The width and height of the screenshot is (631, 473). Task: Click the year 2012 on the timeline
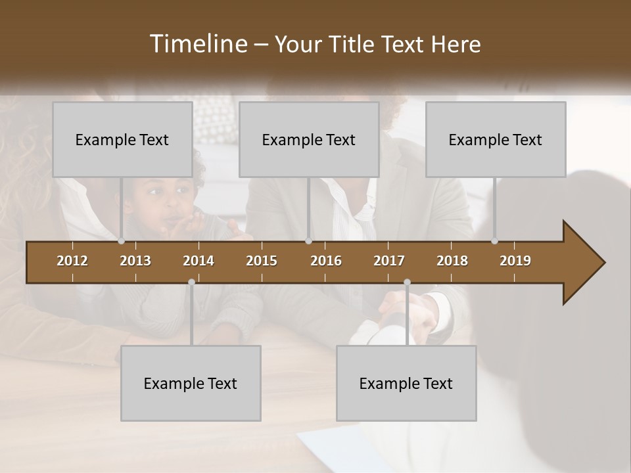click(x=72, y=261)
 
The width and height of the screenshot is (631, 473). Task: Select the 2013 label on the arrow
click(x=135, y=261)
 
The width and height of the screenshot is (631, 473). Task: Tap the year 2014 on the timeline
click(x=199, y=261)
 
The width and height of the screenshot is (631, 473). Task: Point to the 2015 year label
click(x=262, y=261)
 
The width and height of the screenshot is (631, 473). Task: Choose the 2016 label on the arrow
click(x=326, y=261)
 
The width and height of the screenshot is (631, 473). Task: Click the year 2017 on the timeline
click(x=389, y=261)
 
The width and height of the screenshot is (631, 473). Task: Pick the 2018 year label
click(x=452, y=261)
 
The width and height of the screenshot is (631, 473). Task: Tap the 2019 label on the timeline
click(x=515, y=261)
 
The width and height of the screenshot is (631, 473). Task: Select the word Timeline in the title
click(x=197, y=44)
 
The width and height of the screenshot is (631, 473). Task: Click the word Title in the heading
click(x=352, y=44)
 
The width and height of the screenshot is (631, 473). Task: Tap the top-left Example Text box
click(x=122, y=139)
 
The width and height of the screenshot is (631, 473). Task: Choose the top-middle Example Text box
click(x=309, y=139)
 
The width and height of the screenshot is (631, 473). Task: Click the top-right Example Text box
click(x=496, y=139)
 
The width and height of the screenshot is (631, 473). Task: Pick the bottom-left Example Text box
click(x=191, y=383)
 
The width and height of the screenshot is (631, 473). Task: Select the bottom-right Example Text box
click(x=406, y=383)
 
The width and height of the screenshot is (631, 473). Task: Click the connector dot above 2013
click(x=122, y=241)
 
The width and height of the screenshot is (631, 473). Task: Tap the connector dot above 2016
click(x=308, y=241)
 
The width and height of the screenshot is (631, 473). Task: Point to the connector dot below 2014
click(x=191, y=282)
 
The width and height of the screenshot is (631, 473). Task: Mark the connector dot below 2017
click(x=407, y=282)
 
